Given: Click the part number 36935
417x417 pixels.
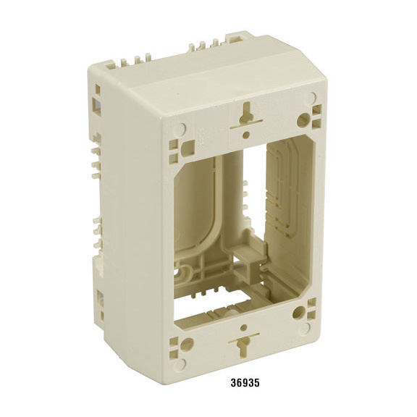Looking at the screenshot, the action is [245, 383].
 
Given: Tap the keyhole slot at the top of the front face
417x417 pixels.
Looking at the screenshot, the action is [247, 115].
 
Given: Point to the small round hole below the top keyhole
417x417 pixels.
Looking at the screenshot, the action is [246, 135].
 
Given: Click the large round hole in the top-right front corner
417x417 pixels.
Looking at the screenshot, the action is [303, 119].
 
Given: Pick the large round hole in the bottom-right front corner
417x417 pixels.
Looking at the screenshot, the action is [299, 313].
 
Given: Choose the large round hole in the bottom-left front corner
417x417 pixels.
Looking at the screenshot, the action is [187, 344].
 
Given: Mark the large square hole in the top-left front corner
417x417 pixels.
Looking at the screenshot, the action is [188, 148].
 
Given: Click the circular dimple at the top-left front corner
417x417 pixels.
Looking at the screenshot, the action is [181, 129].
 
